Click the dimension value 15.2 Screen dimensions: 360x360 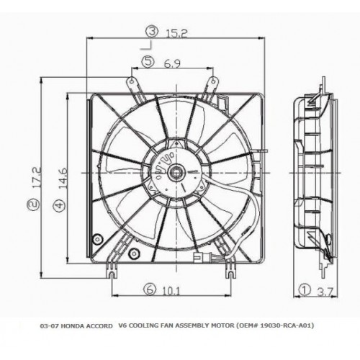[176, 34]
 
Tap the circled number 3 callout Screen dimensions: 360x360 [153, 32]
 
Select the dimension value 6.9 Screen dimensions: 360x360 [172, 63]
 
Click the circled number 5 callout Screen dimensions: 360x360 [148, 62]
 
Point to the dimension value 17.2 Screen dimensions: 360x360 [37, 177]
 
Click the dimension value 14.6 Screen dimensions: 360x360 [63, 179]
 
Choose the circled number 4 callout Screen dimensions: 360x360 [59, 205]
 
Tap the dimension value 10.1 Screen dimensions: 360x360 [171, 292]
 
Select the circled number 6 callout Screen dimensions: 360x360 [150, 289]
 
